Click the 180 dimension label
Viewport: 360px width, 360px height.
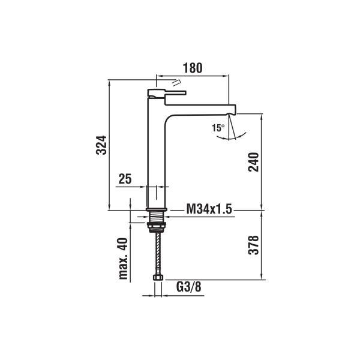193,68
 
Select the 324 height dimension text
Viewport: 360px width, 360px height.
101,145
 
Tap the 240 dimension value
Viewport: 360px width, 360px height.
253,162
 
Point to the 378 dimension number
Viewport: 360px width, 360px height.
253,245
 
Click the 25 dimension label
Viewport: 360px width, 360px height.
125,179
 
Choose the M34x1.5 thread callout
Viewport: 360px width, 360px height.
209,209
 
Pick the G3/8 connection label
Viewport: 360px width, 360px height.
189,287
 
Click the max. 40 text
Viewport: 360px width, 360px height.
123,259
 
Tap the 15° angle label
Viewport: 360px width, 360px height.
218,128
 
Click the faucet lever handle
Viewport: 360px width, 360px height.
166,93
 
